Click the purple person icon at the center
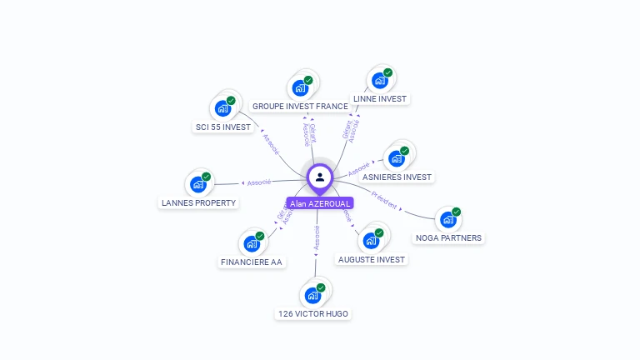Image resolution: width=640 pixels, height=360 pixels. tap(320, 177)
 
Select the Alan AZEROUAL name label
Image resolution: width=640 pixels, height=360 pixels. tap(320, 203)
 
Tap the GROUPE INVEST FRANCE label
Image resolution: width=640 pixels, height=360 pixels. tap(300, 107)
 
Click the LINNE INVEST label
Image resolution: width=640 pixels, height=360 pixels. tap(380, 98)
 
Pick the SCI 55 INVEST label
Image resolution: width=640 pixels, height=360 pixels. tap(222, 127)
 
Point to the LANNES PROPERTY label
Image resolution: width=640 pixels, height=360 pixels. tap(198, 202)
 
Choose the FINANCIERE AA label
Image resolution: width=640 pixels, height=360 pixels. tap(252, 262)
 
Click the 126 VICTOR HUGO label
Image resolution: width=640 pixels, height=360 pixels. tap(312, 314)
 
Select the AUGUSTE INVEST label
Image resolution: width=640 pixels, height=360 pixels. tap(372, 259)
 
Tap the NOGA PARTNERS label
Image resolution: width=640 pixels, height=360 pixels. tap(448, 237)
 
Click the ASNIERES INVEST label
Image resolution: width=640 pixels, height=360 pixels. tap(397, 177)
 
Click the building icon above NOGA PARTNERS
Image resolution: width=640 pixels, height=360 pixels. tap(448, 220)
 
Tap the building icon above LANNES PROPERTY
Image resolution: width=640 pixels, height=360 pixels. tap(198, 184)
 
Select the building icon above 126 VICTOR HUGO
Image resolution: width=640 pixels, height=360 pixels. tap(312, 295)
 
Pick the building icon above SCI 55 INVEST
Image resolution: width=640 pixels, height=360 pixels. tap(222, 108)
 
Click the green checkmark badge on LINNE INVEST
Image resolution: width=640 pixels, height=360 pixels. tap(387, 72)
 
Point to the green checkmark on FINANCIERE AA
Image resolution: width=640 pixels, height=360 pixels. tap(259, 236)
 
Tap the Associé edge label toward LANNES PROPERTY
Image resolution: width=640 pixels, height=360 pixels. tap(257, 182)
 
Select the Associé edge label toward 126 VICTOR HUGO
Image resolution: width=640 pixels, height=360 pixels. tap(317, 237)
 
